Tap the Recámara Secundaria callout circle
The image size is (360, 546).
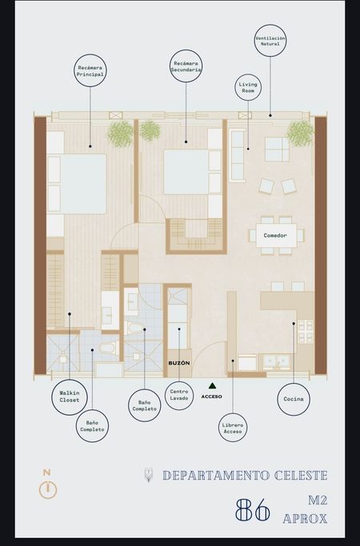(x=170, y=66)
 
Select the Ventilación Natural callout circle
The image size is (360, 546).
(x=254, y=41)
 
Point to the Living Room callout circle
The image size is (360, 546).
(x=234, y=87)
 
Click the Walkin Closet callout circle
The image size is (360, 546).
(x=51, y=397)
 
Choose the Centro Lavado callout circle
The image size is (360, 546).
(x=165, y=395)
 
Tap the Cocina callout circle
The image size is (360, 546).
(x=278, y=399)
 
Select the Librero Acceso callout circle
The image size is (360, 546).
(x=219, y=428)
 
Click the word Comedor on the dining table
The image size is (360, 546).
(x=275, y=235)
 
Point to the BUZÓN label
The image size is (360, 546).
(x=179, y=363)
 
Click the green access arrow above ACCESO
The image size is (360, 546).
(x=212, y=385)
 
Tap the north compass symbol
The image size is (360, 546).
(x=48, y=486)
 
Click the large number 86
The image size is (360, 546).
(x=253, y=509)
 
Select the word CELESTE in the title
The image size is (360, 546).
(x=301, y=476)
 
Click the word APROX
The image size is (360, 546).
(x=305, y=519)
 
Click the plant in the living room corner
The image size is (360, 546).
(x=301, y=134)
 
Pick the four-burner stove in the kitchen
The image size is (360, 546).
(x=306, y=332)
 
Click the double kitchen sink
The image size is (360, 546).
(x=277, y=362)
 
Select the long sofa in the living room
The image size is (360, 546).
(x=238, y=155)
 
